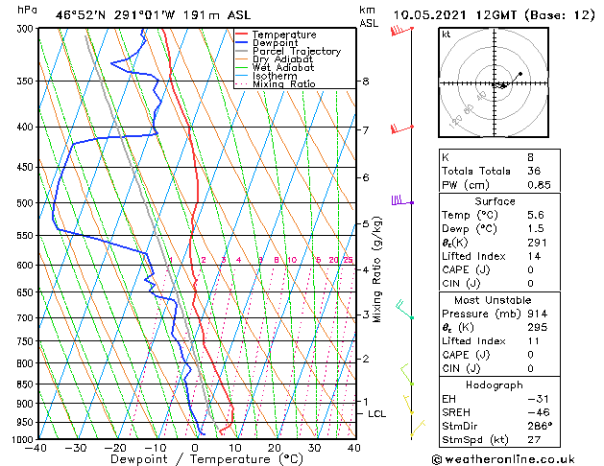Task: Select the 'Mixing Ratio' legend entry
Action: pos(282,84)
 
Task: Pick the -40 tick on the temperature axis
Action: pos(37,448)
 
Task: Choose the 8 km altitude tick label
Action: pos(366,82)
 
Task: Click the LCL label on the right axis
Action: pos(377,413)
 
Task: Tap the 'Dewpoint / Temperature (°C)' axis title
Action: pos(196,459)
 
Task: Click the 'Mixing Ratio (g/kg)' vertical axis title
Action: pos(378,269)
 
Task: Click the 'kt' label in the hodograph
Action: pos(446,34)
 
